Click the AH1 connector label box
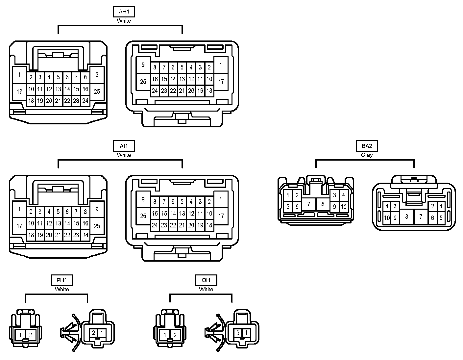(x=124, y=12)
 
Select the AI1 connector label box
(x=124, y=146)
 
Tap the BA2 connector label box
(x=367, y=146)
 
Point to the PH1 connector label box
(x=62, y=280)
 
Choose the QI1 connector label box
(x=206, y=280)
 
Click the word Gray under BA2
(x=367, y=155)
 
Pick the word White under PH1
(x=62, y=289)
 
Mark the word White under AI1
(x=124, y=155)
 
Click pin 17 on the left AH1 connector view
(x=19, y=91)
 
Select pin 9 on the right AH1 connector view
(x=143, y=65)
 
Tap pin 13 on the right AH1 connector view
(x=182, y=79)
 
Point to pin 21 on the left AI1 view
(x=58, y=235)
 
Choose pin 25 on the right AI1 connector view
(x=143, y=216)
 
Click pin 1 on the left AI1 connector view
(x=19, y=209)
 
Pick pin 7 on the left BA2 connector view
(x=308, y=204)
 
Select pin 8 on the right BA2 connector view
(x=407, y=217)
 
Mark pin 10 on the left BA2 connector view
(x=344, y=207)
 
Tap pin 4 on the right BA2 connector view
(x=387, y=207)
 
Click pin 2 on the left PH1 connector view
(x=31, y=335)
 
